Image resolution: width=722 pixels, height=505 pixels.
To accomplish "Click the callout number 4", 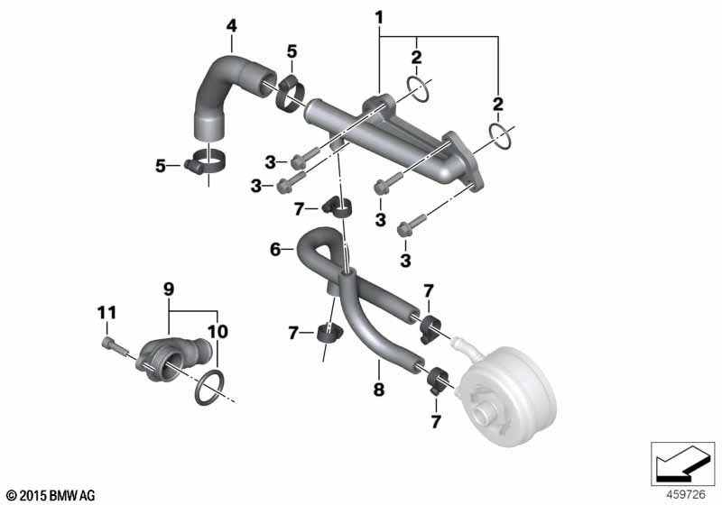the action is pos(231,26).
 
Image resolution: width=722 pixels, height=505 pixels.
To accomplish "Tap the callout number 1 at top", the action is pos(379,18).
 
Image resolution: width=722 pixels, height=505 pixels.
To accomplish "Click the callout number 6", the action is pos(275,250).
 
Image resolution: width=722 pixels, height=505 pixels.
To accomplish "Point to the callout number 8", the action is pos(378,390).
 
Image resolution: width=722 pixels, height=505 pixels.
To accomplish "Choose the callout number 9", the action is pos(169,289).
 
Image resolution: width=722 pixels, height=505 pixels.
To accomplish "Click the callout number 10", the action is pos(218,331).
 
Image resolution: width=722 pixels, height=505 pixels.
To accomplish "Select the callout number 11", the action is pos(106,313).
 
